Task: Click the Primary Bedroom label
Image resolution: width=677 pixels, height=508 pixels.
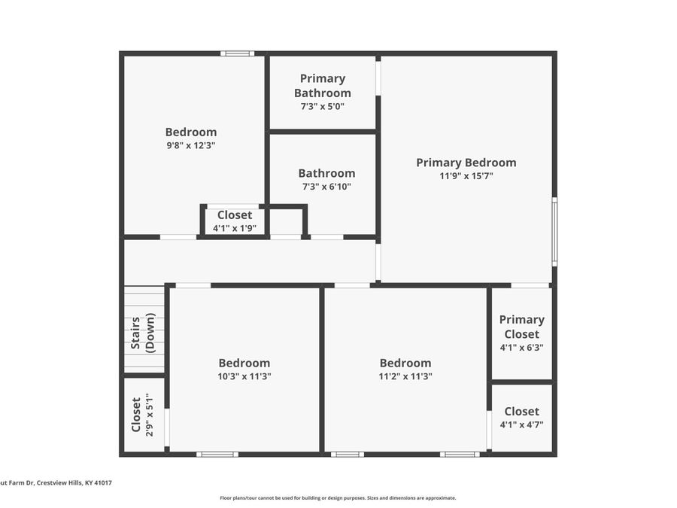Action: [x=466, y=163]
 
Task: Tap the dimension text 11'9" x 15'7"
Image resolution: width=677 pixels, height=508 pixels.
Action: [x=466, y=176]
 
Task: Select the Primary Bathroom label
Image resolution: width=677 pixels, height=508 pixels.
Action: [x=323, y=86]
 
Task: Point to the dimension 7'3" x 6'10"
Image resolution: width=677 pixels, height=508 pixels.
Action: [x=326, y=187]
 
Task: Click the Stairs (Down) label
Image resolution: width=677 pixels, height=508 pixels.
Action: [x=142, y=333]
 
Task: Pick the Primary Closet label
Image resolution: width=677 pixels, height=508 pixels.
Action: [x=521, y=327]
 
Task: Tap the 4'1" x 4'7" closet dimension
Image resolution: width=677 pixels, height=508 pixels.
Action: [x=521, y=424]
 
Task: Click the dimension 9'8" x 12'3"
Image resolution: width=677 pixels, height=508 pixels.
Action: [x=191, y=145]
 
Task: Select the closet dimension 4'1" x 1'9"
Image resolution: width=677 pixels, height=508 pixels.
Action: [x=235, y=228]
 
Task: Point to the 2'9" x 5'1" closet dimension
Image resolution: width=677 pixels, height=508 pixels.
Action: [x=150, y=415]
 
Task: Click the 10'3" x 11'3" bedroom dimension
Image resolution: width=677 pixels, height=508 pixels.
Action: [x=244, y=376]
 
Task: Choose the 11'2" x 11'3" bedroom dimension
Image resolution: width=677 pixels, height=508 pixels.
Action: [x=405, y=376]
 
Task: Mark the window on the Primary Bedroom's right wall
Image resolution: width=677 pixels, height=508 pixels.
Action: [x=555, y=232]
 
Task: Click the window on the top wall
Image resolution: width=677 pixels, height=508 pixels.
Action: [x=238, y=53]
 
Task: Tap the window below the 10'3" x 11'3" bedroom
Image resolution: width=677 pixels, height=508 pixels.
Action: [x=217, y=455]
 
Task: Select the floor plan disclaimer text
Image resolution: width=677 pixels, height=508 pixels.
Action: [x=338, y=498]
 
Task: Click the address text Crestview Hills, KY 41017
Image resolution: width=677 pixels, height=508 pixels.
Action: [x=74, y=483]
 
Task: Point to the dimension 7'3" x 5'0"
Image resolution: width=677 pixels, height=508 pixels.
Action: [x=323, y=106]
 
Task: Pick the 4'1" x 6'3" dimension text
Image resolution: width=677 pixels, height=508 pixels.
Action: [x=521, y=347]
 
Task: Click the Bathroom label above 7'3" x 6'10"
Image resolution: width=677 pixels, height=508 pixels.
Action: [x=327, y=173]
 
